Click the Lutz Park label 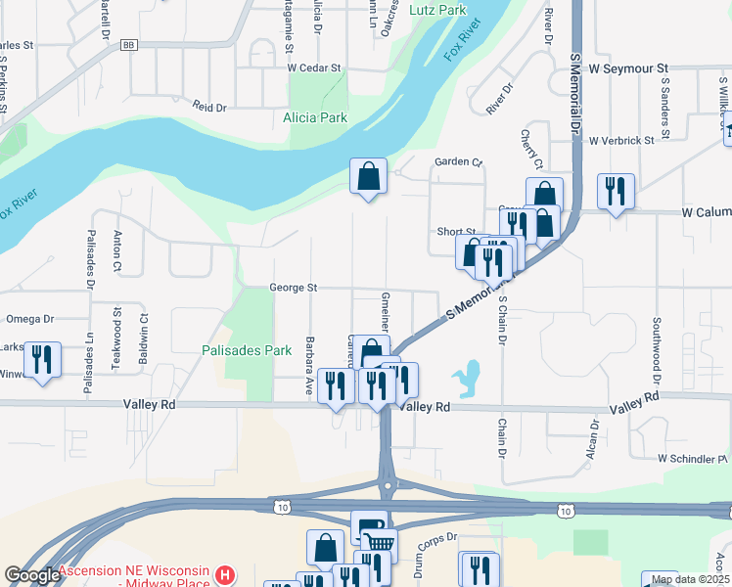point(437,10)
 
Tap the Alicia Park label point(315,117)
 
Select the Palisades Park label point(247,349)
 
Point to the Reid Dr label point(209,105)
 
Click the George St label point(295,289)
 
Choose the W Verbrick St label point(620,141)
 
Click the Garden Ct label point(459,161)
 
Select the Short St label point(456,232)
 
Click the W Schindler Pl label point(693,458)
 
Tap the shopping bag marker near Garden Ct point(368,178)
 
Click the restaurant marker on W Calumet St point(616,191)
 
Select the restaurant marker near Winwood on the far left point(42,359)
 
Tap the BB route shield point(129,45)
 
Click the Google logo point(32,575)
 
